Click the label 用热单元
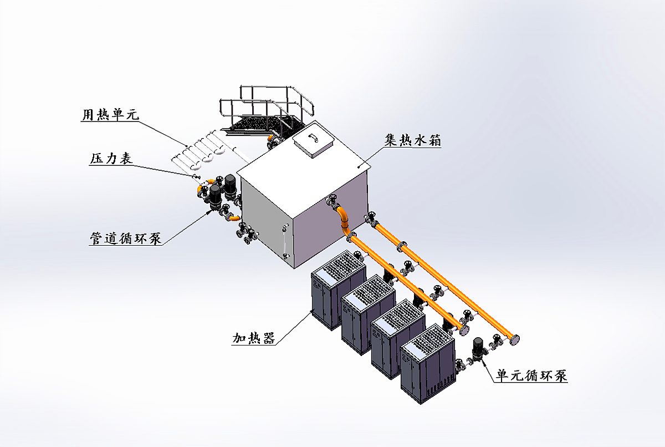pos(111,115)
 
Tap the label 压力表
pos(111,159)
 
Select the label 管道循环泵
pos(126,238)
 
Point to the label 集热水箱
pos(413,140)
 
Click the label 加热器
pos(254,338)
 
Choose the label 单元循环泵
pos(531,375)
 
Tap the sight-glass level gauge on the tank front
pos(285,241)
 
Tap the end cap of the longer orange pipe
pos(514,339)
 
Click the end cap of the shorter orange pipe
pos(464,330)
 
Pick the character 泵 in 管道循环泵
pos(155,238)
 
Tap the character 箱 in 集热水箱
pos(434,140)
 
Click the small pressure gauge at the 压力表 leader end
pos(195,176)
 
